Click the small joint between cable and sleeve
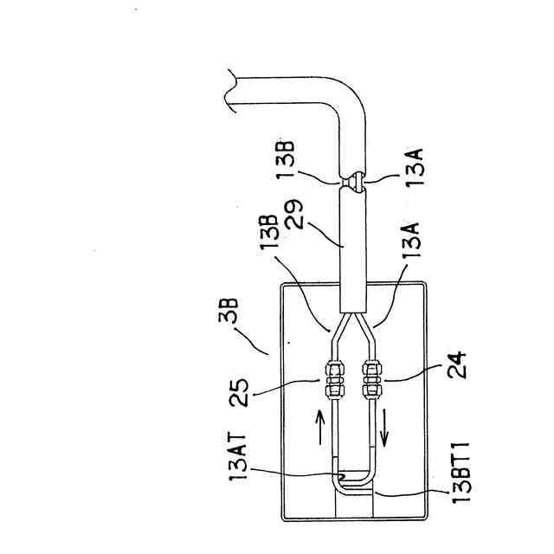353,182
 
